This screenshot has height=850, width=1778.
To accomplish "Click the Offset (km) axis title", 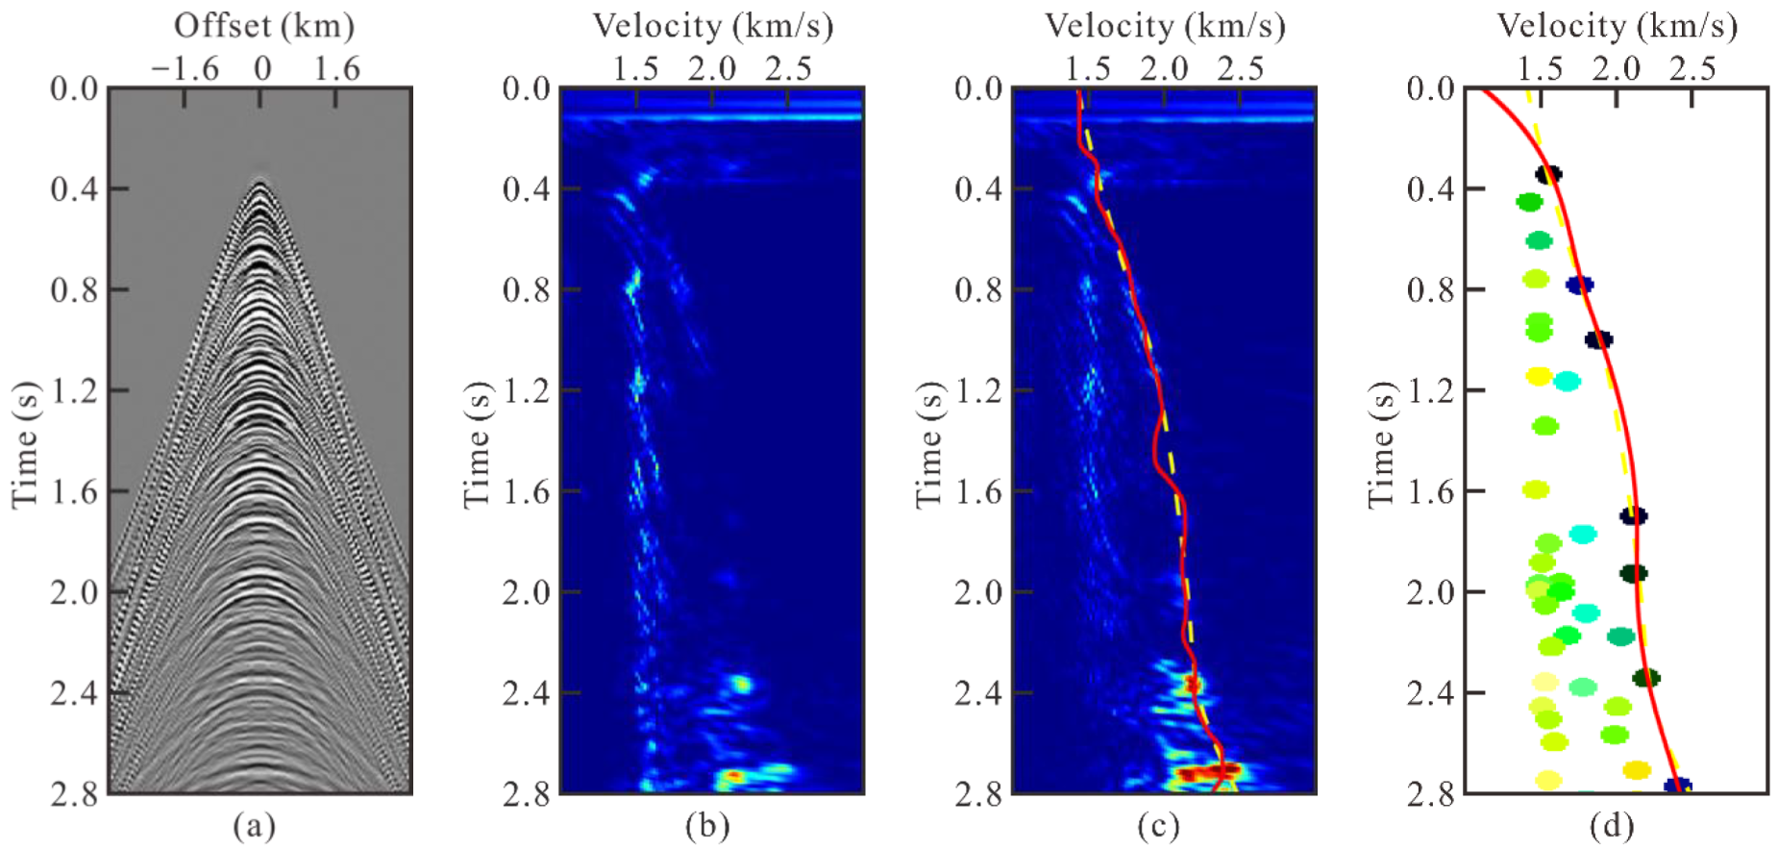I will (x=263, y=26).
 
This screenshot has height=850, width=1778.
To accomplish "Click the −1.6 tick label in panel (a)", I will (x=185, y=68).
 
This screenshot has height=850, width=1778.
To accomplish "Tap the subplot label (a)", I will (x=254, y=825).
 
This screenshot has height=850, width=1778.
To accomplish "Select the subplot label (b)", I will (x=706, y=825).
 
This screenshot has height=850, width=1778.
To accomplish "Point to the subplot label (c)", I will (x=1158, y=825).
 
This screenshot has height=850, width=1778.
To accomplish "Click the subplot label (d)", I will (x=1611, y=825).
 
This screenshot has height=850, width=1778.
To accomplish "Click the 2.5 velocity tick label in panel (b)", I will (x=787, y=68).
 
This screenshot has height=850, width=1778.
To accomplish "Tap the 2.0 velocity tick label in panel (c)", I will (x=1164, y=68).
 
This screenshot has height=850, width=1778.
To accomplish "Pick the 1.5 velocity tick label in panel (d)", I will (x=1541, y=68).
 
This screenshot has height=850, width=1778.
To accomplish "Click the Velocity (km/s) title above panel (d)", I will (x=1617, y=26).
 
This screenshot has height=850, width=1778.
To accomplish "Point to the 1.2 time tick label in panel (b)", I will (x=526, y=390).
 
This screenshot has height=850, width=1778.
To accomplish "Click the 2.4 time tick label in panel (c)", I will (x=978, y=692).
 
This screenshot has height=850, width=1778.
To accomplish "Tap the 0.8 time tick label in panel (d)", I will (x=1431, y=289).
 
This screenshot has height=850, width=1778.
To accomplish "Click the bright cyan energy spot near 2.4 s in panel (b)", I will (x=741, y=685).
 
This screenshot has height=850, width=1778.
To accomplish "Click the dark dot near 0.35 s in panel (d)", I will (x=1547, y=174).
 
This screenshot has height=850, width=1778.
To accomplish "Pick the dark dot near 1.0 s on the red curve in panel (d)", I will (x=1598, y=339).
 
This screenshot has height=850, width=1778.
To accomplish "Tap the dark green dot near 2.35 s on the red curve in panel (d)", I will (x=1646, y=678).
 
